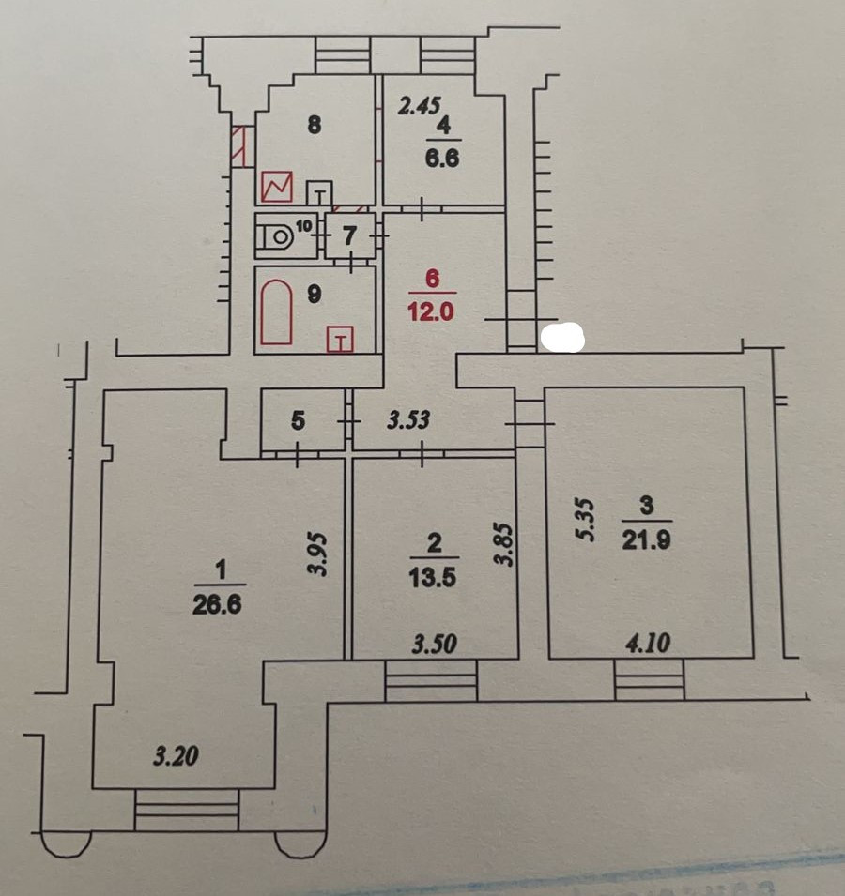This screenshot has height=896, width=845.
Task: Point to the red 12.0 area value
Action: coord(431,312)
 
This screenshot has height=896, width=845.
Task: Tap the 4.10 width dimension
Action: coord(648,645)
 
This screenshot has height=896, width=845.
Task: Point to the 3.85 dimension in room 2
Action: coord(506,545)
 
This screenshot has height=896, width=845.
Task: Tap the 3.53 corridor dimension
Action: coord(408,419)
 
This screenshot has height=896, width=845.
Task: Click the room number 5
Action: coord(298,421)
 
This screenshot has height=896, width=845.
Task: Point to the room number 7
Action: coord(349,236)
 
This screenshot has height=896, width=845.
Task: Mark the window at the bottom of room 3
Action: coord(649,680)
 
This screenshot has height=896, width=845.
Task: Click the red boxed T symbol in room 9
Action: coord(340,340)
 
